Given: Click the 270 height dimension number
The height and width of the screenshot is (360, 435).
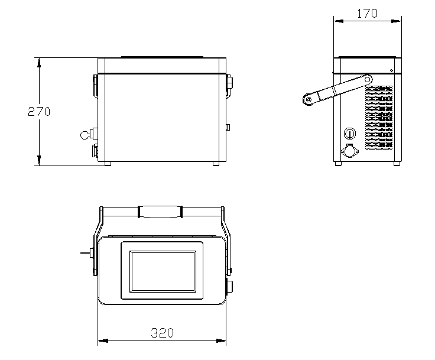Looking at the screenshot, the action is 39,112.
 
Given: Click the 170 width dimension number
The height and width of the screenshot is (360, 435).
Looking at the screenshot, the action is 367,14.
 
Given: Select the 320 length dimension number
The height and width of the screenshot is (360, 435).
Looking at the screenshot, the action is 163,333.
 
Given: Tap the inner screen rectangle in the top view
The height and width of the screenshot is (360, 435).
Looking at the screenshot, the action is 163,271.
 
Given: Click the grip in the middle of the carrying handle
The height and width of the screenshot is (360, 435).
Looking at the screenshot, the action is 160,212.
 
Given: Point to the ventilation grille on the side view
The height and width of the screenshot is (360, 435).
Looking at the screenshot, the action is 379,118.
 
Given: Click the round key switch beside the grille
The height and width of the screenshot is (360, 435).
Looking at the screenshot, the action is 349,134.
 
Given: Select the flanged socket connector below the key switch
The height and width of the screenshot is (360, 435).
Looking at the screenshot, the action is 349,151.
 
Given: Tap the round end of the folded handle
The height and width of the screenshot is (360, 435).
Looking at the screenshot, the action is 308,100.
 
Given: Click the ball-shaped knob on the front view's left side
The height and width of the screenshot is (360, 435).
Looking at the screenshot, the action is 84,135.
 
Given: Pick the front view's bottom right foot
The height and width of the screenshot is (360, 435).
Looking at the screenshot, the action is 216,164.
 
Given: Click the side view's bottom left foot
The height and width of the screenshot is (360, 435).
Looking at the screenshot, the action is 338,164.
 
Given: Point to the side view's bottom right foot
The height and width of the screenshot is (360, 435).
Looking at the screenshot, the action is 397,164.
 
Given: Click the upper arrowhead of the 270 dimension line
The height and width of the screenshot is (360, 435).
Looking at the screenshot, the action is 39,63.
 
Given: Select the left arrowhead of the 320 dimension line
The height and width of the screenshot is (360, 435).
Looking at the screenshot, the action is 103,340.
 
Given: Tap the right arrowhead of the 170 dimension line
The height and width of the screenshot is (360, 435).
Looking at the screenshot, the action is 396,21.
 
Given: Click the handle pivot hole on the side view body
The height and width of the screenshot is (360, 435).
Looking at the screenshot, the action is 367,80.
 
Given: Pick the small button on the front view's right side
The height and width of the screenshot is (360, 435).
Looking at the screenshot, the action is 228,127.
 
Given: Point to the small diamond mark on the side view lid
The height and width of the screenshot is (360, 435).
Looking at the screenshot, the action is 391,70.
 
